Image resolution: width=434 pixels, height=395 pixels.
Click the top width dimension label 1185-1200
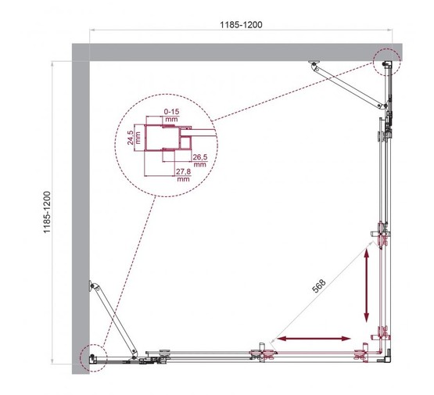[240, 24]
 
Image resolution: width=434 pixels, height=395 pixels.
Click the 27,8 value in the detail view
[184, 171]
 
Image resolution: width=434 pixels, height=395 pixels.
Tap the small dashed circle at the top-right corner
[386, 59]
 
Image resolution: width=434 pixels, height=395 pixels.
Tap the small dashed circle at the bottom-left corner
[91, 356]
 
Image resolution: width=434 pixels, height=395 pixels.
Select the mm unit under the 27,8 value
[184, 179]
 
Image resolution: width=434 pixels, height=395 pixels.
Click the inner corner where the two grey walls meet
[90, 60]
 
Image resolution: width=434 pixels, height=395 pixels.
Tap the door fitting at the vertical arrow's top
[382, 235]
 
